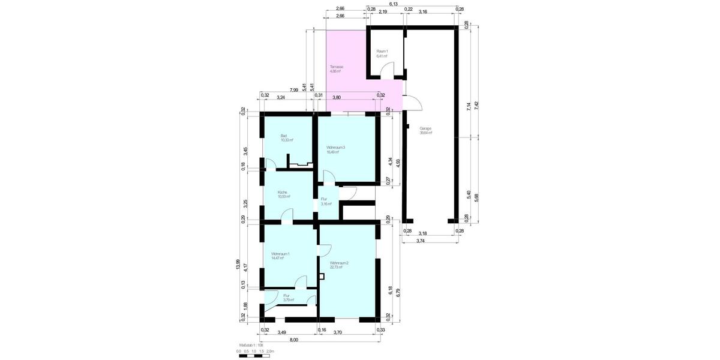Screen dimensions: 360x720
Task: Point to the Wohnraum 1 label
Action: (x=280, y=254)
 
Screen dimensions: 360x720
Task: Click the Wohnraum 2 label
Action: (x=339, y=263)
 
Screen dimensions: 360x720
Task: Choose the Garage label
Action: (x=426, y=129)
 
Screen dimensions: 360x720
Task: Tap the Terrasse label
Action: (x=335, y=67)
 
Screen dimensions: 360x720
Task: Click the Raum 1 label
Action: (x=382, y=52)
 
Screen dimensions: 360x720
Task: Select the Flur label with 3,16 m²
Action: (x=325, y=199)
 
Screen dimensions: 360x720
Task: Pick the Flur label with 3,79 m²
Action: (x=287, y=296)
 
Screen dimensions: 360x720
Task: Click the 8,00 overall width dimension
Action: (x=293, y=340)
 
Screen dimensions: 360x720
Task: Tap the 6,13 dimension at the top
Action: (x=394, y=4)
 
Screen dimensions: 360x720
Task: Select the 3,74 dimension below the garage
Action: (x=421, y=241)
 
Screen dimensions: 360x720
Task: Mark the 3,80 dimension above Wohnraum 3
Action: (x=337, y=97)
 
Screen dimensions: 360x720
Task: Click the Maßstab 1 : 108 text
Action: (x=253, y=346)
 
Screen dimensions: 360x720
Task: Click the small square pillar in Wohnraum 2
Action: (x=322, y=276)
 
